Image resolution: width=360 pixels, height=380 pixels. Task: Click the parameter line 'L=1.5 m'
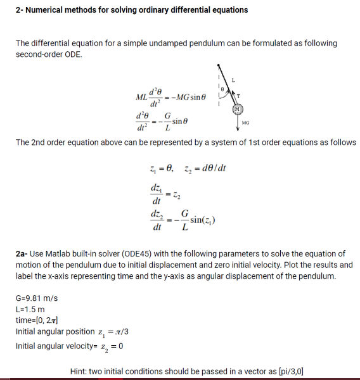click(29, 309)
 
